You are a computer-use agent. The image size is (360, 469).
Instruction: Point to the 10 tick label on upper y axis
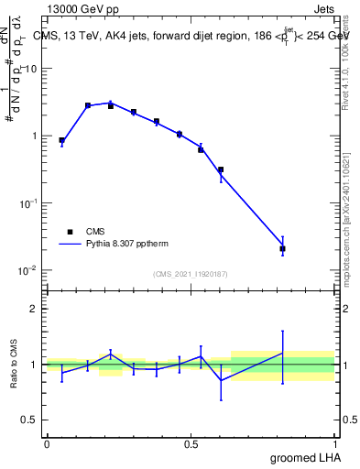(x=31, y=69)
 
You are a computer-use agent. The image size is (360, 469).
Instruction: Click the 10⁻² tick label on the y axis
(x=29, y=270)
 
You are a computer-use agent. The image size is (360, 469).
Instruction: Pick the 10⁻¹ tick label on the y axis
(x=29, y=203)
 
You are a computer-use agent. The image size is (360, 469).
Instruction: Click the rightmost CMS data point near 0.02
(x=283, y=248)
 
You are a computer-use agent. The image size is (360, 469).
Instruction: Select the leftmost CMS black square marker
(x=61, y=141)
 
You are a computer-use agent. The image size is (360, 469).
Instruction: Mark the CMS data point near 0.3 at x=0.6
(x=221, y=169)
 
